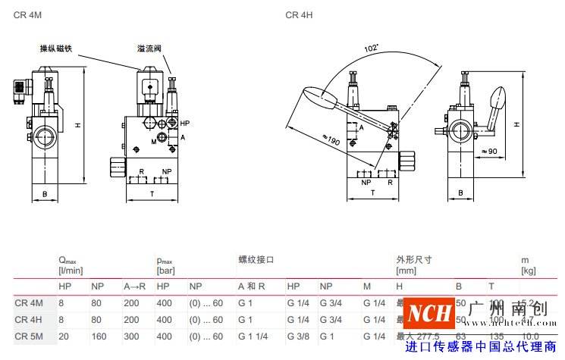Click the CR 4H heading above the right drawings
[x=298, y=15]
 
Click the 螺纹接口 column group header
[x=256, y=260]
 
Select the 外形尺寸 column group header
[x=413, y=260]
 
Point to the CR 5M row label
[x=29, y=336]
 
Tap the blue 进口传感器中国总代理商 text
[x=480, y=347]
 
